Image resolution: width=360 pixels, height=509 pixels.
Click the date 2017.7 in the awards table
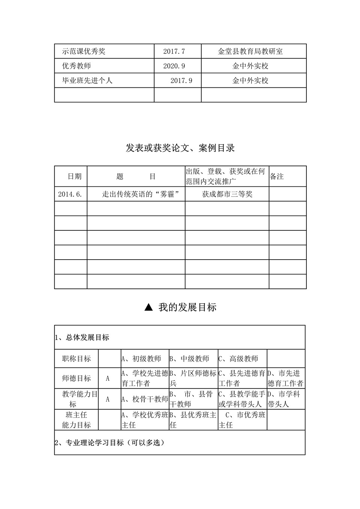tap(174, 51)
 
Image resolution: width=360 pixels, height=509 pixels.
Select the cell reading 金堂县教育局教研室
tap(250, 51)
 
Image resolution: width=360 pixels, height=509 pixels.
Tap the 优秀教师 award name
tap(76, 66)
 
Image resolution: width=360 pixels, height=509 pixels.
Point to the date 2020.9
tap(174, 66)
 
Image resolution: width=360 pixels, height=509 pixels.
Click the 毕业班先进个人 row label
tap(87, 80)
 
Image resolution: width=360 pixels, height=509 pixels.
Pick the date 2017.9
tap(181, 81)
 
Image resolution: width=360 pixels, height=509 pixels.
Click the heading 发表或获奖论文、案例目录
tap(180, 148)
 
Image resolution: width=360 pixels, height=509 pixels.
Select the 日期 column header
tap(74, 176)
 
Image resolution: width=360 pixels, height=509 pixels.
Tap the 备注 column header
tap(277, 176)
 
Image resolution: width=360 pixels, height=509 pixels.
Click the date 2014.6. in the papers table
tap(70, 194)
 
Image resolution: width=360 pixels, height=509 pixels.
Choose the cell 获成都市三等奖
tap(227, 194)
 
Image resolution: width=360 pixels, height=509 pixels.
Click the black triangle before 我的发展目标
tap(148, 308)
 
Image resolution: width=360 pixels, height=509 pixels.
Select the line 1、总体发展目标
tap(82, 338)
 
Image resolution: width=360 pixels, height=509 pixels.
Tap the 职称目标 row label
tap(76, 359)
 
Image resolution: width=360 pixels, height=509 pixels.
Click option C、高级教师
tap(238, 359)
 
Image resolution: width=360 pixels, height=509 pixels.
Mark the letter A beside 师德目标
tap(108, 378)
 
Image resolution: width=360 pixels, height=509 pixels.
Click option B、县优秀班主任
tap(193, 420)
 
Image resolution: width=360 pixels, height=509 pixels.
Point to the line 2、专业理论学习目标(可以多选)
tap(110, 443)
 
